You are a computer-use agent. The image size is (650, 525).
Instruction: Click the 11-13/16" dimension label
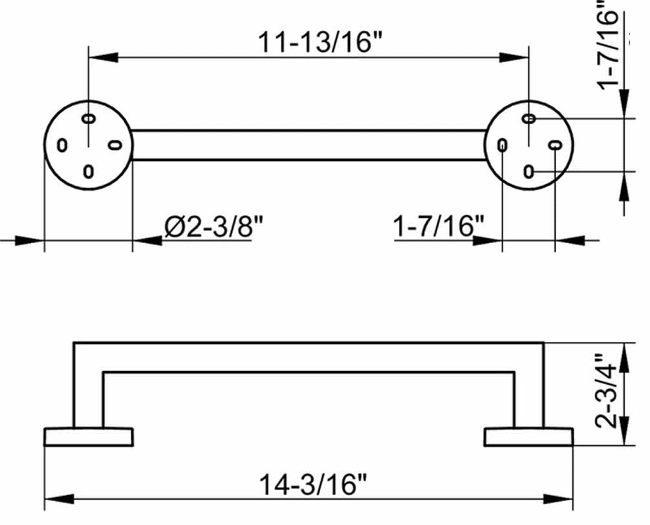320,42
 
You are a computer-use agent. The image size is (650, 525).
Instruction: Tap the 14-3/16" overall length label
314,484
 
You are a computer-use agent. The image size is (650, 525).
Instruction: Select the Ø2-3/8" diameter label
214,226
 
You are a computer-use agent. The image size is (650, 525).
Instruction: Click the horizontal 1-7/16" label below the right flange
438,226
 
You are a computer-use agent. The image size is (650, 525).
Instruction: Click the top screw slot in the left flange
89,119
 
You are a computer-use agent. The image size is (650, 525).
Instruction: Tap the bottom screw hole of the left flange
89,171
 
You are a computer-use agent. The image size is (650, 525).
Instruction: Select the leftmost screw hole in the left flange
62,145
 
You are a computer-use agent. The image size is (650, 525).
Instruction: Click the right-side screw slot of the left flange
115,145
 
